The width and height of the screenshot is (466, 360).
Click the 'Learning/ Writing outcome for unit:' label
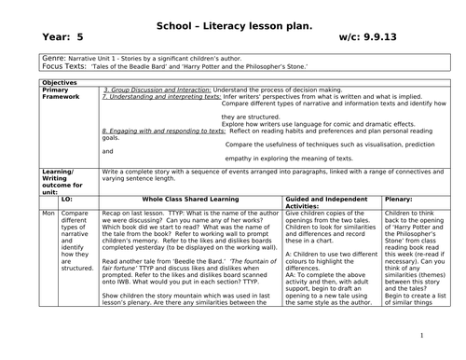pos(65,186)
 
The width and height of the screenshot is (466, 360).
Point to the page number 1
pos(421,337)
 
